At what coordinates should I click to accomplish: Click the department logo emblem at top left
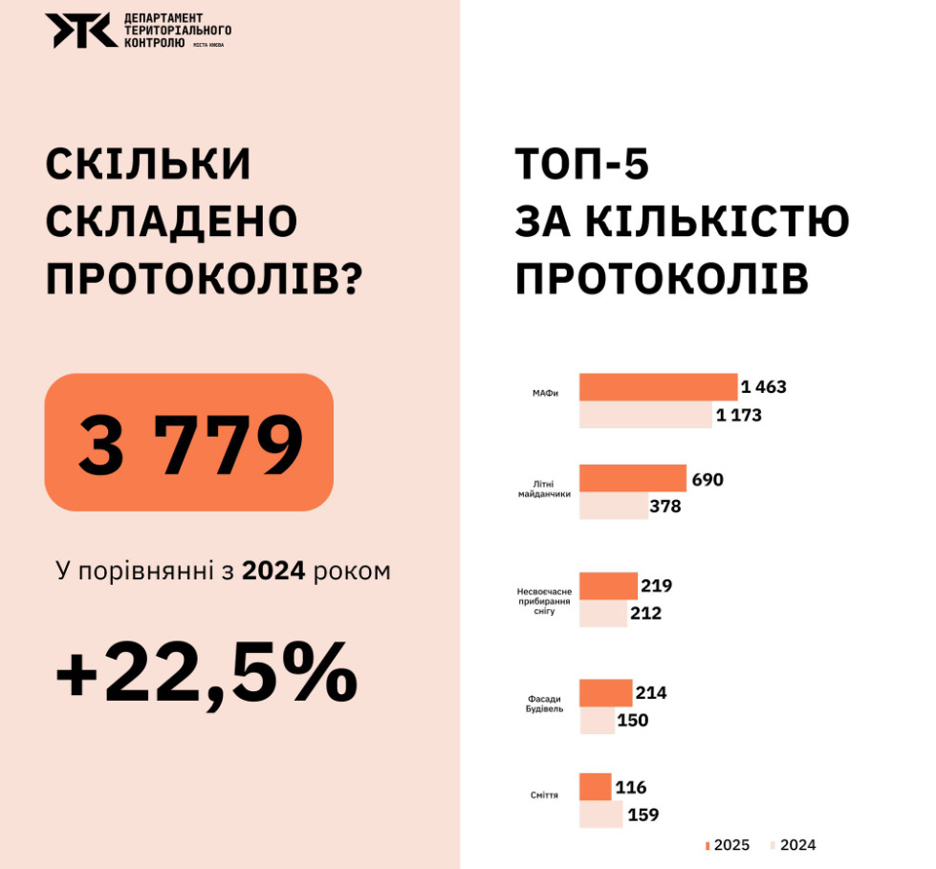(82, 31)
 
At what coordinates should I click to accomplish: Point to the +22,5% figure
(207, 673)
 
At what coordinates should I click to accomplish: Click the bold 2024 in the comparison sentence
(273, 572)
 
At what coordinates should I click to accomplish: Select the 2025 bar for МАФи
(659, 387)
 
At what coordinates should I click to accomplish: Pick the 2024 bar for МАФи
(645, 415)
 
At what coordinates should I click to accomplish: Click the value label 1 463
(763, 387)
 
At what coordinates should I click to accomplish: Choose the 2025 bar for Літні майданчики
(633, 479)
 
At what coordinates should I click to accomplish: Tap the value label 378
(664, 506)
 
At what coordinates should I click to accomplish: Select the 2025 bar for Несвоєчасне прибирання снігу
(608, 586)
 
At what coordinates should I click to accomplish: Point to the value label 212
(645, 613)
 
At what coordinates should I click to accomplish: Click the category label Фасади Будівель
(546, 704)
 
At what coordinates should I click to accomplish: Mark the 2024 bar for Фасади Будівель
(597, 720)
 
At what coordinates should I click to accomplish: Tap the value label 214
(651, 693)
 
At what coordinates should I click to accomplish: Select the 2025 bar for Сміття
(595, 788)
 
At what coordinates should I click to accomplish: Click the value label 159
(642, 815)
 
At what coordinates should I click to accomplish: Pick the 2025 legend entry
(727, 845)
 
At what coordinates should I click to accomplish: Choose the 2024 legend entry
(792, 845)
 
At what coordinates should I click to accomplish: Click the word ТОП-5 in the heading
(582, 164)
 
